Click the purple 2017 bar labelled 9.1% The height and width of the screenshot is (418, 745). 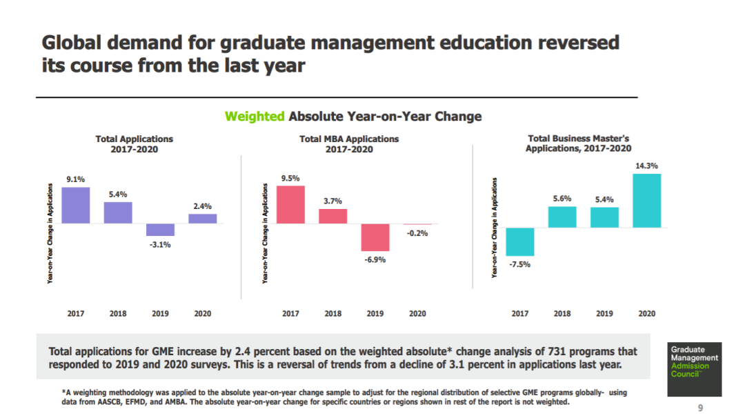coord(76,205)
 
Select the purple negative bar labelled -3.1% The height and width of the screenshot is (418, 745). coord(160,230)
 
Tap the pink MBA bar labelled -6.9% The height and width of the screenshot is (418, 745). coord(375,237)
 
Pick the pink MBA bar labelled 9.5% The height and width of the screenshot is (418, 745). coord(290,204)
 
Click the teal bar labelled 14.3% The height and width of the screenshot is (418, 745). coord(646,201)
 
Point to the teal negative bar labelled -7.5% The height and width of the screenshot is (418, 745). coord(520,242)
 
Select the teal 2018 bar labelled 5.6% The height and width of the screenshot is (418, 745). coord(562,217)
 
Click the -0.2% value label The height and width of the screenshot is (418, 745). coord(417,233)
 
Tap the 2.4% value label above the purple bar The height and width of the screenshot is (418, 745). coord(202,206)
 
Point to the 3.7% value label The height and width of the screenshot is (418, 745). coord(332,201)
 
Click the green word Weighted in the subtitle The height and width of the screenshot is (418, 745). coord(255,117)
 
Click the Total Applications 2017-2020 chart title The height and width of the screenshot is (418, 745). coord(134,144)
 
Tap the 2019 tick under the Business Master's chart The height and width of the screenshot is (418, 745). coord(604,313)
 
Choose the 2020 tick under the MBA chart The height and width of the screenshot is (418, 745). coord(417,313)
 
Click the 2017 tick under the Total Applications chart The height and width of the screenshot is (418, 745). coord(76,313)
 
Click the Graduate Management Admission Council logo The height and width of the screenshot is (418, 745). coord(694,369)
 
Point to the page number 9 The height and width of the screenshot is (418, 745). coord(700,408)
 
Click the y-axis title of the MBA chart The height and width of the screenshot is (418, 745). coord(265,233)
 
